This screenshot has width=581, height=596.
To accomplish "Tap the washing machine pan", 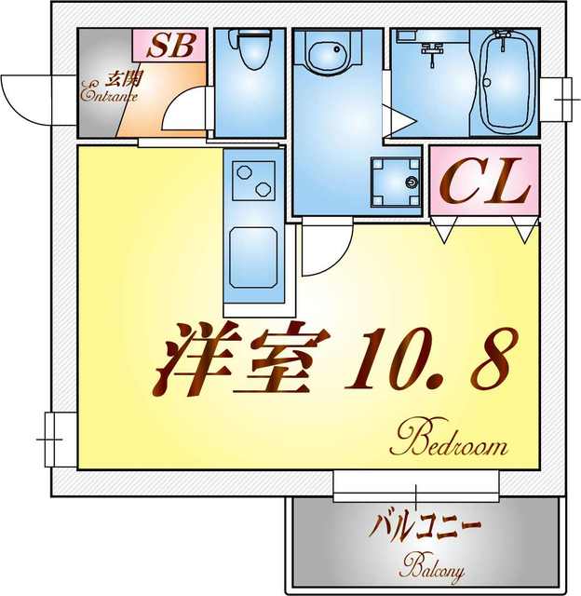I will pos(394,183).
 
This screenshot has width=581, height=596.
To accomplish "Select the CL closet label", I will pos(485,183).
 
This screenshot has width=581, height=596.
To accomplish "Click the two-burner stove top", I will pos(254,179).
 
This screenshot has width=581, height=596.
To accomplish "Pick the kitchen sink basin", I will pos(254,253).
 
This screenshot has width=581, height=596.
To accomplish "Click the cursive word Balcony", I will pos(433,565).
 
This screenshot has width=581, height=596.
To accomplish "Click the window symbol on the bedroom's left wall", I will pos(51,434).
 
